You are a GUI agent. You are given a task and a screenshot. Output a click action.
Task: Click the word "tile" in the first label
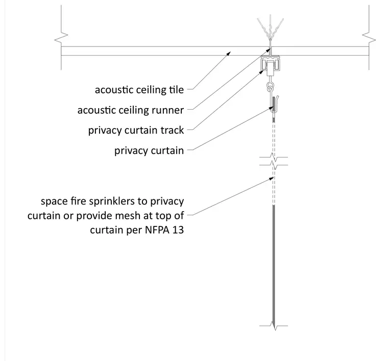(x=176, y=90)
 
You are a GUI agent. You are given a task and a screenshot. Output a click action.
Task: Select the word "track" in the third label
(x=172, y=130)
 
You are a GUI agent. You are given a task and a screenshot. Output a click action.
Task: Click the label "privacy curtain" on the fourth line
(x=149, y=151)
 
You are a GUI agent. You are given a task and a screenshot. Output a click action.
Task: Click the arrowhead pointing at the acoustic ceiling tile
(x=229, y=53)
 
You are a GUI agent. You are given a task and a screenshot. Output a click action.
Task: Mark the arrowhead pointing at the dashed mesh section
(x=271, y=178)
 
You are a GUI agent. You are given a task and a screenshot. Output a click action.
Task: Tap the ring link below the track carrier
(x=270, y=87)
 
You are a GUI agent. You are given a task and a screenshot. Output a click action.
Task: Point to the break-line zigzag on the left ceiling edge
(x=61, y=38)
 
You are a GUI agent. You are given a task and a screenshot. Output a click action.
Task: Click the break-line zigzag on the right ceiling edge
(x=369, y=38)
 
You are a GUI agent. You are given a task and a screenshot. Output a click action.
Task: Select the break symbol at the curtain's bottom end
(x=274, y=326)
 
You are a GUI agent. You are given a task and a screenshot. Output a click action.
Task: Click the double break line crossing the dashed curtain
(x=274, y=161)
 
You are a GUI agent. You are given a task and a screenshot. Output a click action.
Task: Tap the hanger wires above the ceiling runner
(x=270, y=30)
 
